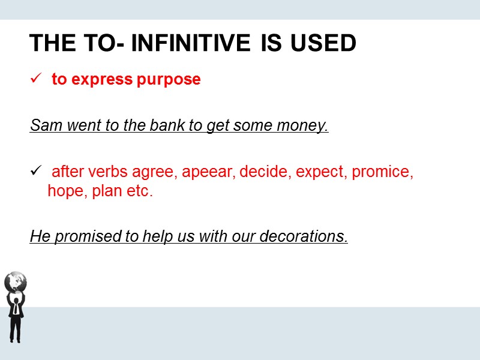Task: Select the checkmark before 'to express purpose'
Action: pyautogui.click(x=35, y=79)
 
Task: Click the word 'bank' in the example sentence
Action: pyautogui.click(x=145, y=127)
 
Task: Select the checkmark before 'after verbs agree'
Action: pyautogui.click(x=35, y=172)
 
